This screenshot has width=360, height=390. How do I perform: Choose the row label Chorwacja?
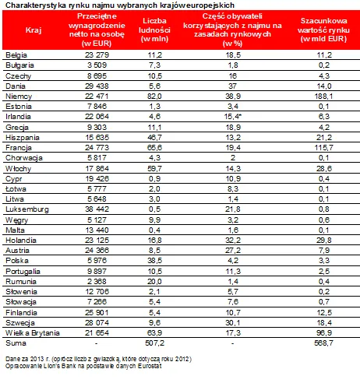[23, 158]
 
